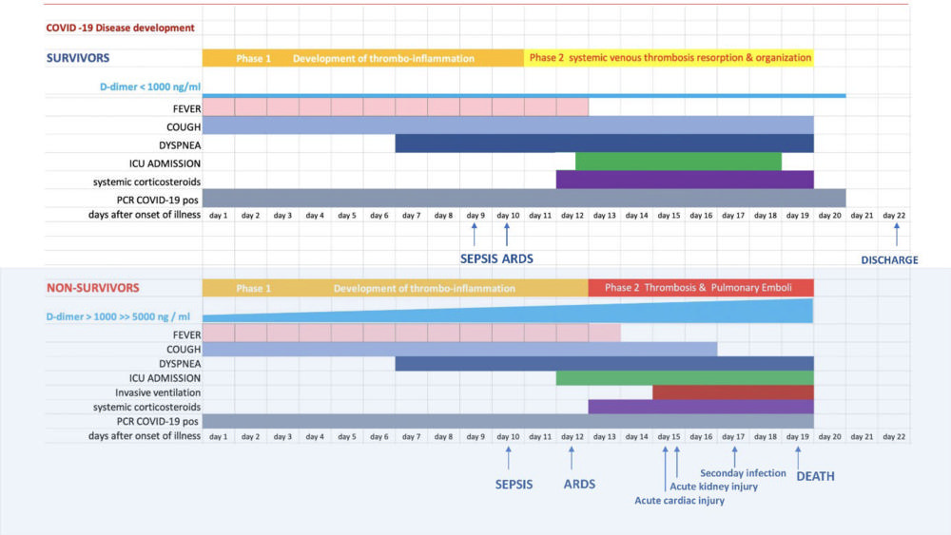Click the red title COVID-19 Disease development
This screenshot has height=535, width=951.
pyautogui.click(x=120, y=29)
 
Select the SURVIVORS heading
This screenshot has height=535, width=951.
pyautogui.click(x=78, y=58)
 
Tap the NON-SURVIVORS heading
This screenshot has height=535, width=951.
pyautogui.click(x=93, y=287)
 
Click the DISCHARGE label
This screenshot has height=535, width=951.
pyautogui.click(x=889, y=259)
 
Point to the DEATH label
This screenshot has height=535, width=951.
pyautogui.click(x=815, y=476)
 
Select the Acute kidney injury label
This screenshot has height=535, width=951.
pyautogui.click(x=713, y=487)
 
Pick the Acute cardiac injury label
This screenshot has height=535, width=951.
pyautogui.click(x=679, y=501)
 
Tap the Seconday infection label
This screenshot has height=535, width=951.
pyautogui.click(x=743, y=472)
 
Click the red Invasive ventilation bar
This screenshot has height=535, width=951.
pyautogui.click(x=732, y=392)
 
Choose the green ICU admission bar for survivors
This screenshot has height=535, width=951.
pyautogui.click(x=678, y=162)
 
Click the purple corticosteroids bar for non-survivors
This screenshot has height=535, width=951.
pyautogui.click(x=700, y=407)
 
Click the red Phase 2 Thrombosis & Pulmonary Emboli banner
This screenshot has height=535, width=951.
pyautogui.click(x=700, y=288)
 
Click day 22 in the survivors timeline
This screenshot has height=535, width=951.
pyautogui.click(x=895, y=216)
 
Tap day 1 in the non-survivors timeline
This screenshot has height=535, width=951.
pyautogui.click(x=218, y=436)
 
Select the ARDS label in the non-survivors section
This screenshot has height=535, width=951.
pyautogui.click(x=579, y=484)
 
